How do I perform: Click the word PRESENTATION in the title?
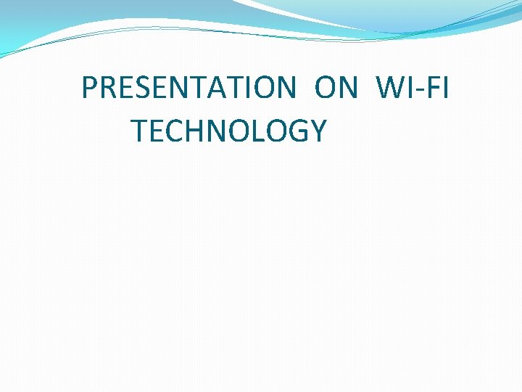coord(188,88)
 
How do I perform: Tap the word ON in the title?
coord(336,88)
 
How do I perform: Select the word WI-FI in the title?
coord(413,88)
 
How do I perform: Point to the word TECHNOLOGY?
coord(229,131)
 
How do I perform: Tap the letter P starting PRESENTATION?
coord(90,88)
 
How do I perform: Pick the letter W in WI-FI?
coord(390,88)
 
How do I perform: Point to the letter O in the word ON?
coord(326,88)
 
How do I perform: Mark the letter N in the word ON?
coord(348,88)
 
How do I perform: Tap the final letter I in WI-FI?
coord(444,88)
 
